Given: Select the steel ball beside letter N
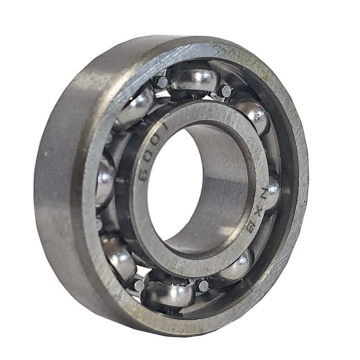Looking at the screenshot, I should (272, 193).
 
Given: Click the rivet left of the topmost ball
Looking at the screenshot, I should (162, 82).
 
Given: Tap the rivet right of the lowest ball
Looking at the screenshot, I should (204, 285).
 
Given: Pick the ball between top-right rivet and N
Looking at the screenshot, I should (254, 116).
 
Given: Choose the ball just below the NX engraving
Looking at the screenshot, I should (238, 265).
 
